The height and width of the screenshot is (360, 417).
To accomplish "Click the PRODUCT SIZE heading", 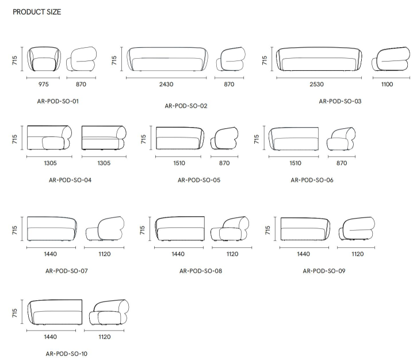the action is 37,12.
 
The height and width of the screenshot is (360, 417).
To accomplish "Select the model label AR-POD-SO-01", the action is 58,101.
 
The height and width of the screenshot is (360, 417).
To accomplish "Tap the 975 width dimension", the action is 44,85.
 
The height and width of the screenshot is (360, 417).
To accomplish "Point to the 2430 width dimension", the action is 166,85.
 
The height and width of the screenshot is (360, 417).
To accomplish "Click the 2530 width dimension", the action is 316,85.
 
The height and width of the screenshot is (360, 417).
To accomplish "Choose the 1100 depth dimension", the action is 387,85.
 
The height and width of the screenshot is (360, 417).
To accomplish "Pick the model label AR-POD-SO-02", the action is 186,106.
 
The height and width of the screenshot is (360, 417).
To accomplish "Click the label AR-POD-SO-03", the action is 340,101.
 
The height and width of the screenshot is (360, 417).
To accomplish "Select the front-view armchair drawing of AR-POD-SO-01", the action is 44,59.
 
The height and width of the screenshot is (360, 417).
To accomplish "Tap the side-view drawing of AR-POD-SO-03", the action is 391,59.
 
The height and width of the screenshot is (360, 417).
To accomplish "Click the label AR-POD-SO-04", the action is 70,180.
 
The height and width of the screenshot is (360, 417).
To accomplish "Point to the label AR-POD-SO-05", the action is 199,180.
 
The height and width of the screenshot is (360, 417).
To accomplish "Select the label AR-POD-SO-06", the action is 312,180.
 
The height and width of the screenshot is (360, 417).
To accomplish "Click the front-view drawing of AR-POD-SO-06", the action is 293,139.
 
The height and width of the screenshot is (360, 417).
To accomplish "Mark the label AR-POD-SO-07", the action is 67,271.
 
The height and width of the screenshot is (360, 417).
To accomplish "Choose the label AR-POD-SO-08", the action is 201,271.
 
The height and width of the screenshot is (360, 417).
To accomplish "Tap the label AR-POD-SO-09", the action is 324,271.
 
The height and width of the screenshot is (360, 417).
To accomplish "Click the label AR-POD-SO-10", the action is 67,354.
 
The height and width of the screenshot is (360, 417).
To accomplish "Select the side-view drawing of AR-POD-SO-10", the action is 109,312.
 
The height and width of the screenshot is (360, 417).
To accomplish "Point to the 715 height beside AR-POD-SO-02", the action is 114,60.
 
